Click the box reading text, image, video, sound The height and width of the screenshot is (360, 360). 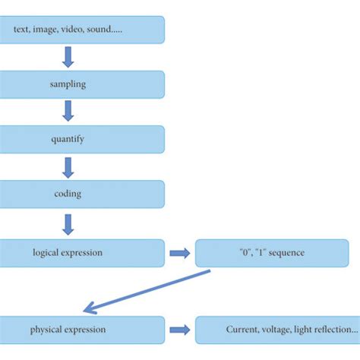tap(82, 30)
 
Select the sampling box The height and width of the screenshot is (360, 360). tap(82, 84)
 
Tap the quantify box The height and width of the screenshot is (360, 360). tap(82, 139)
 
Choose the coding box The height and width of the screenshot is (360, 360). tap(82, 194)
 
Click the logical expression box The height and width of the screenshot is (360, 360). tap(82, 253)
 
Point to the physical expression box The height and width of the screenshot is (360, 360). tap(82, 330)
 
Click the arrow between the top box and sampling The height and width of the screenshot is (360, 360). tap(68, 57)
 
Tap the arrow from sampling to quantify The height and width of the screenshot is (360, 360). tap(68, 112)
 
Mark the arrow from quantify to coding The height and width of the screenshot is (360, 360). tap(68, 166)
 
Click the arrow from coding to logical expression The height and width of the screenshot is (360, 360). tap(68, 223)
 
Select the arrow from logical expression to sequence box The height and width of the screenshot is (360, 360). tap(179, 253)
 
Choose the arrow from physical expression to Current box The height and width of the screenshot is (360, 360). tap(179, 330)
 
